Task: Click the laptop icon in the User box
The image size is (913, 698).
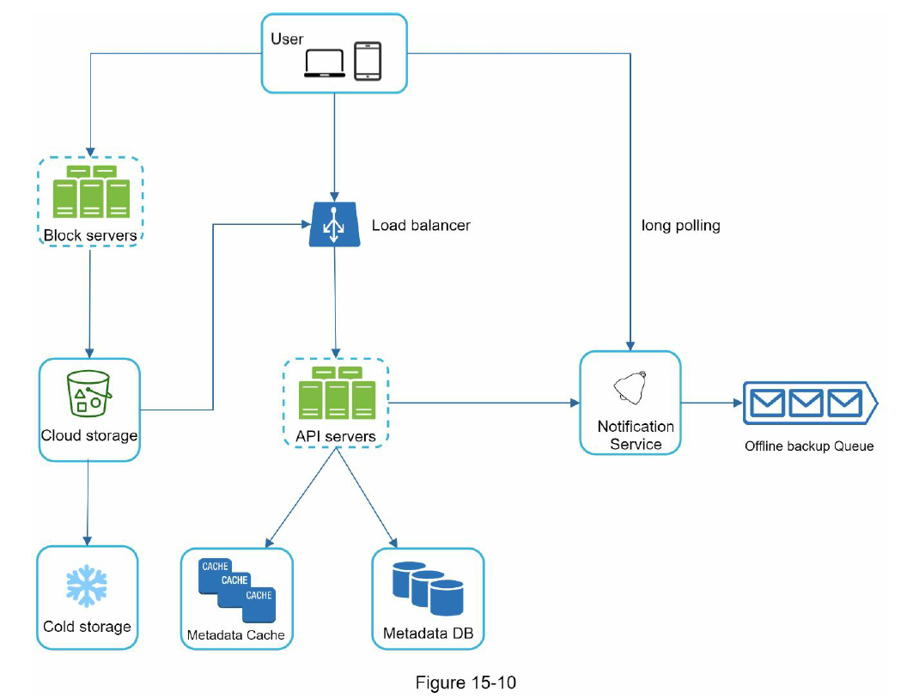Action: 325,63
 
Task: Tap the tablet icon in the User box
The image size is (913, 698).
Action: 368,61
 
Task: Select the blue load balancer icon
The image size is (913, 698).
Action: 334,224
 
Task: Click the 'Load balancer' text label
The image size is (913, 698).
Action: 421,225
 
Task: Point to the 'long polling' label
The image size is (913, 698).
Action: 681,225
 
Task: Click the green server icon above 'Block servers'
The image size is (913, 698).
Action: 91,191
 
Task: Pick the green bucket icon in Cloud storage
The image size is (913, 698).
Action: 89,393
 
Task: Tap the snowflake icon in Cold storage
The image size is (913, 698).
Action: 87,586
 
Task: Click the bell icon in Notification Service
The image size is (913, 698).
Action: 630,387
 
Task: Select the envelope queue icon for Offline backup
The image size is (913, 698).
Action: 810,403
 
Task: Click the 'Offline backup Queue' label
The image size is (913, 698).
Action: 809,446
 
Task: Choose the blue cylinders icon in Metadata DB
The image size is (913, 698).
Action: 428,588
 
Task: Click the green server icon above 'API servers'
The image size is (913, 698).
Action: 338,393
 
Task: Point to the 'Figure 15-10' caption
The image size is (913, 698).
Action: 466,683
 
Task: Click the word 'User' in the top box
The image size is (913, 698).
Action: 287,39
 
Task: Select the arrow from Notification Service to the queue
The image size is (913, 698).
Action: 711,403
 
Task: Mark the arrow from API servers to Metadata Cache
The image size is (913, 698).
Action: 301,498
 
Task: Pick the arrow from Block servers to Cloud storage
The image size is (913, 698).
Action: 89,302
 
